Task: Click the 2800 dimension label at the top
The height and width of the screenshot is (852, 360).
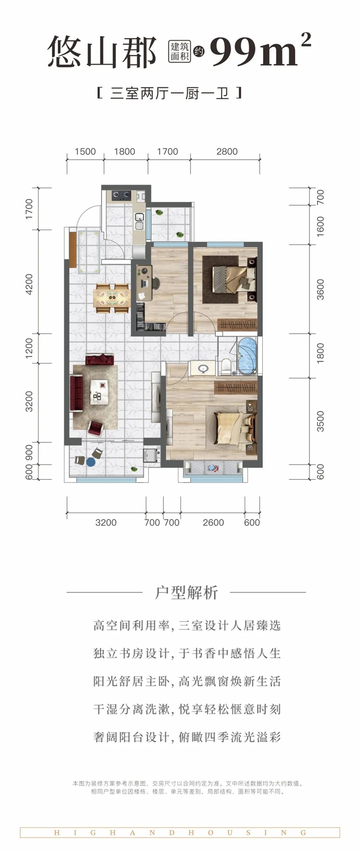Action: [x=227, y=152]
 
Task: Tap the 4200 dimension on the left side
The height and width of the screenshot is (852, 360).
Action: [x=29, y=284]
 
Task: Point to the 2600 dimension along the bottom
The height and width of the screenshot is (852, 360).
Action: [x=213, y=522]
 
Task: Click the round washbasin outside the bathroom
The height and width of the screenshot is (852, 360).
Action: [x=202, y=368]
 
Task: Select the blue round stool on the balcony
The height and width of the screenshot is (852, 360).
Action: [x=90, y=462]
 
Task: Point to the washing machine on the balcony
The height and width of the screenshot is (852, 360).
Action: [x=148, y=454]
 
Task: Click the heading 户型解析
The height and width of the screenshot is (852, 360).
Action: [x=186, y=593]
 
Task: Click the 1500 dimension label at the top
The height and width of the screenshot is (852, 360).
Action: [x=85, y=152]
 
